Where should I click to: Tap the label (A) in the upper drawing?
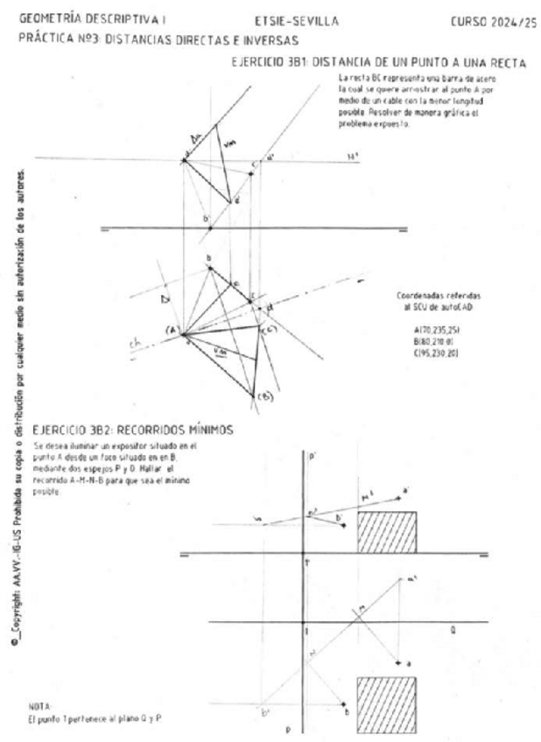click(x=172, y=330)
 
